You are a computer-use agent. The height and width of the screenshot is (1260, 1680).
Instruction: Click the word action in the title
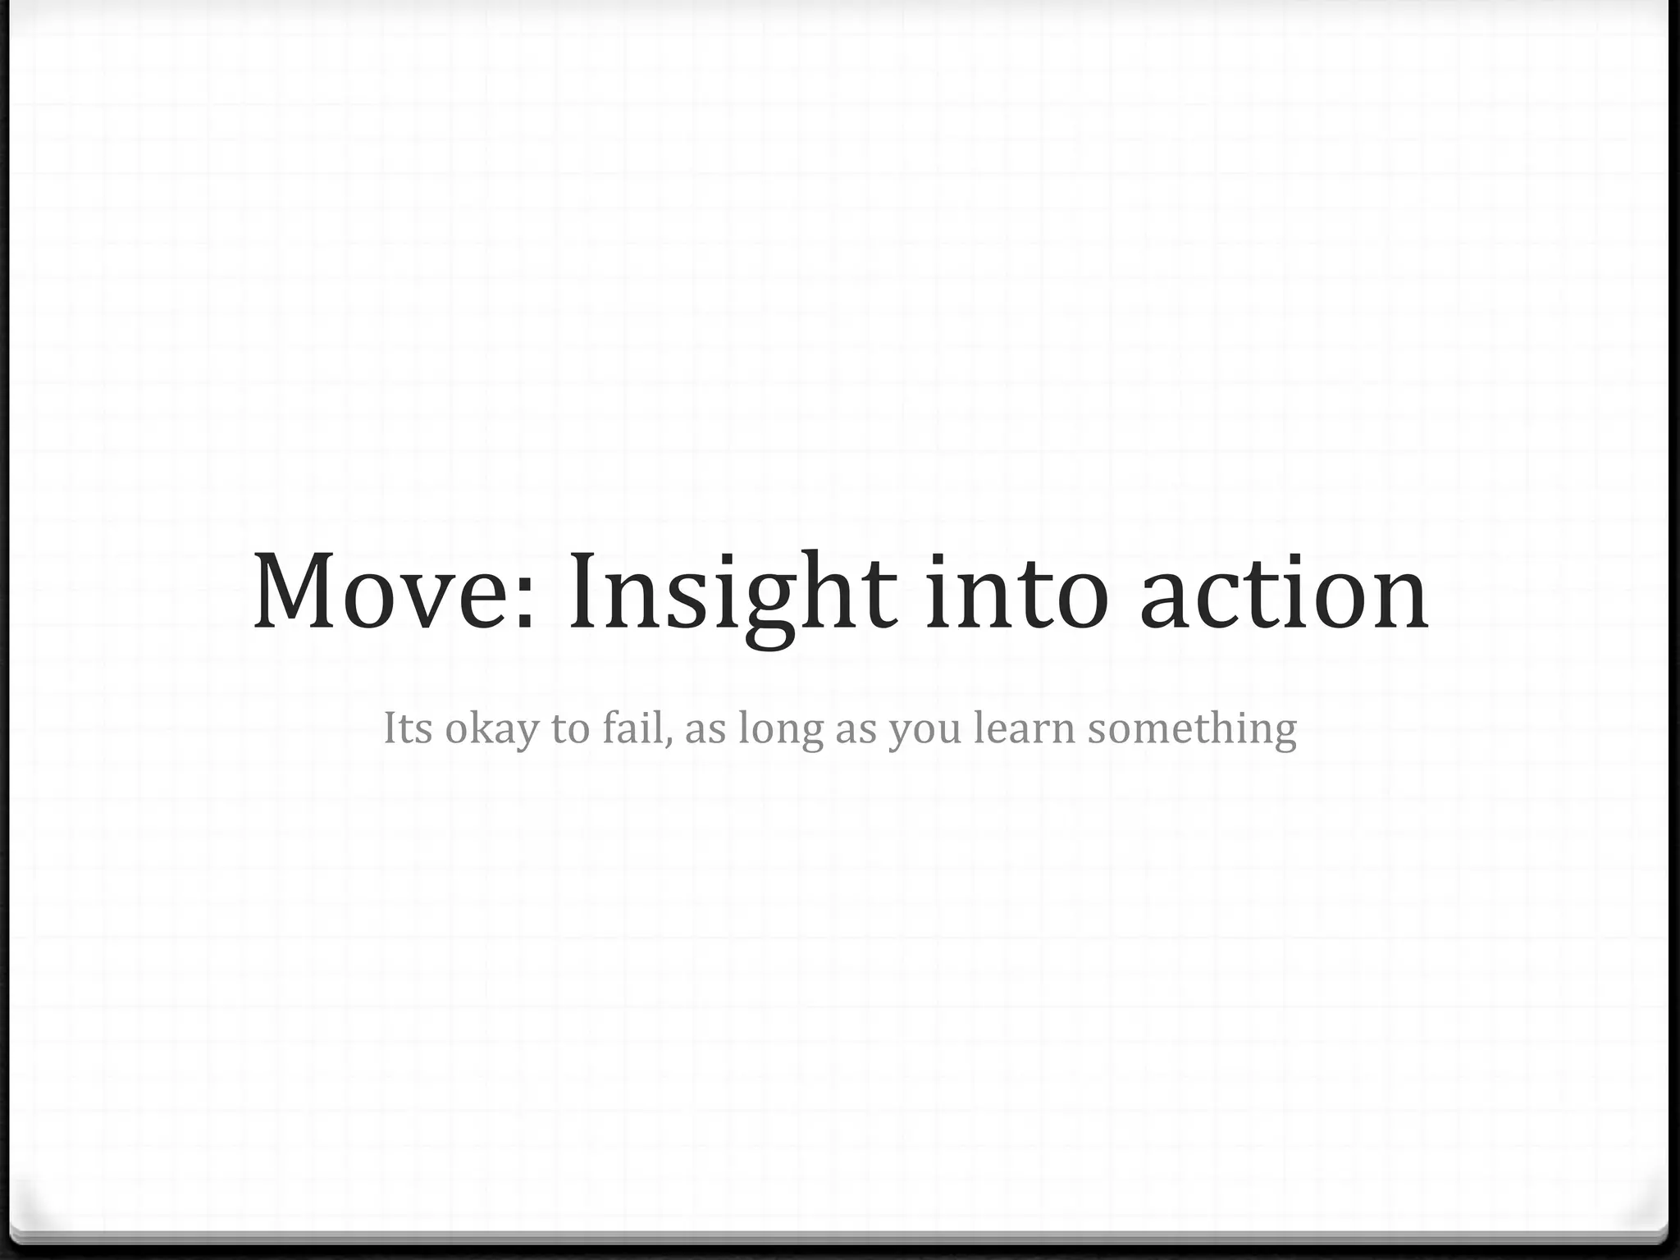pyautogui.click(x=1284, y=592)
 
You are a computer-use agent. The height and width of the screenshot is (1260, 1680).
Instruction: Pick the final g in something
pyautogui.click(x=1283, y=733)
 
